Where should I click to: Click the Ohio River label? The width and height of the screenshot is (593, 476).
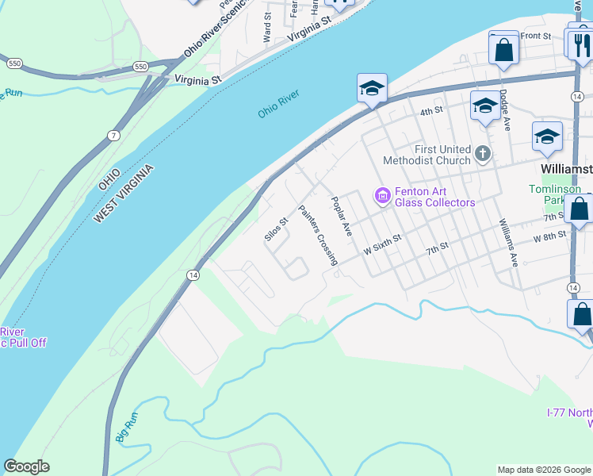point(278,105)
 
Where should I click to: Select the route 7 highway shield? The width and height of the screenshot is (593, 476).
point(114,136)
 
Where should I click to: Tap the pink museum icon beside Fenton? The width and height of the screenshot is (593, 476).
point(382,194)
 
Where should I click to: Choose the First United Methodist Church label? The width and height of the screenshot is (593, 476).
point(427,155)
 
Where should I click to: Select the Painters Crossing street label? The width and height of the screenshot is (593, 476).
point(318,235)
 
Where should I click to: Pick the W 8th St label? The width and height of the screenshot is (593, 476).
point(550,236)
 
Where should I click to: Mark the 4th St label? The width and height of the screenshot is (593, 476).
point(430,112)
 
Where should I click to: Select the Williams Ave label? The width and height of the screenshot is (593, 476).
point(507,242)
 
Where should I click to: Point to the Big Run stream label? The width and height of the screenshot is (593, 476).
point(126,426)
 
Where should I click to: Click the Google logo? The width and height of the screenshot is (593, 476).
point(26,467)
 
